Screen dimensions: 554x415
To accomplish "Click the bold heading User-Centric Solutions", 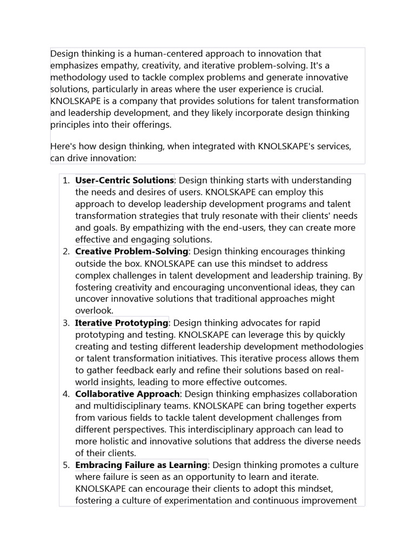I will click(x=124, y=180).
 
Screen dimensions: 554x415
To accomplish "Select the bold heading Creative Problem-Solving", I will click(x=131, y=252).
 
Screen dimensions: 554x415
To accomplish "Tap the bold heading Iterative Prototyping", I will click(x=122, y=323).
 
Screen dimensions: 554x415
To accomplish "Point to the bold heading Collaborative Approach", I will click(x=127, y=394).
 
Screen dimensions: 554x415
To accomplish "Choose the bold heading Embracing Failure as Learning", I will click(x=141, y=465).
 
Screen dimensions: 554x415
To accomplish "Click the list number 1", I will click(x=66, y=180).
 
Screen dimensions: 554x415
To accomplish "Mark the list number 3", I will click(x=66, y=323).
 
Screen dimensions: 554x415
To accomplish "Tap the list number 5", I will click(x=66, y=465).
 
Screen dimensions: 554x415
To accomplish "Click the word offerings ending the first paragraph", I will click(x=150, y=124).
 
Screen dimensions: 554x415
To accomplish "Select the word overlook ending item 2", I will click(x=94, y=311).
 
